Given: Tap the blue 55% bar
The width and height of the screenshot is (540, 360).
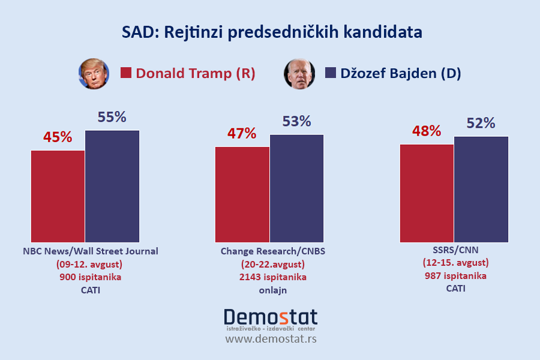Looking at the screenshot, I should [112, 186].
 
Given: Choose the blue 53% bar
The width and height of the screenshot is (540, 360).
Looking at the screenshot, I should [296, 188].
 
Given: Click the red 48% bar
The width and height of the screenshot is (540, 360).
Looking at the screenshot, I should [427, 193].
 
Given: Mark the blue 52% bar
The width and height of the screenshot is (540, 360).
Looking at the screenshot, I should [481, 189].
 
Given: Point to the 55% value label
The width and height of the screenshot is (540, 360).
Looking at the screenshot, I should [112, 117].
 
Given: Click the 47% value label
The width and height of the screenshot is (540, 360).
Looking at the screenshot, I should [242, 133].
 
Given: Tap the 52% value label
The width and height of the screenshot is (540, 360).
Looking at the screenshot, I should [481, 123].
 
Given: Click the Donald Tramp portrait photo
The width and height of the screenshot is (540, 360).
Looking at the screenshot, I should [94, 74].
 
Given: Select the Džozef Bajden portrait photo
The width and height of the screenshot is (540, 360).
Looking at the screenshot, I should [299, 74].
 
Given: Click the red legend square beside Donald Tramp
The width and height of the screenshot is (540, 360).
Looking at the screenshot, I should [126, 73].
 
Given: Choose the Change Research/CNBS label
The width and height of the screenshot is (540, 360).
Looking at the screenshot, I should [273, 251].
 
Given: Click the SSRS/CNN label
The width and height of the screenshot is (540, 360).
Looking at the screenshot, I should [455, 250].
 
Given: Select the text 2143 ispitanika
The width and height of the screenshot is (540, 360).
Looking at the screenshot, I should [273, 277].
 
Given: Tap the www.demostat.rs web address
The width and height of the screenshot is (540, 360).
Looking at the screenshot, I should [271, 339].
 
